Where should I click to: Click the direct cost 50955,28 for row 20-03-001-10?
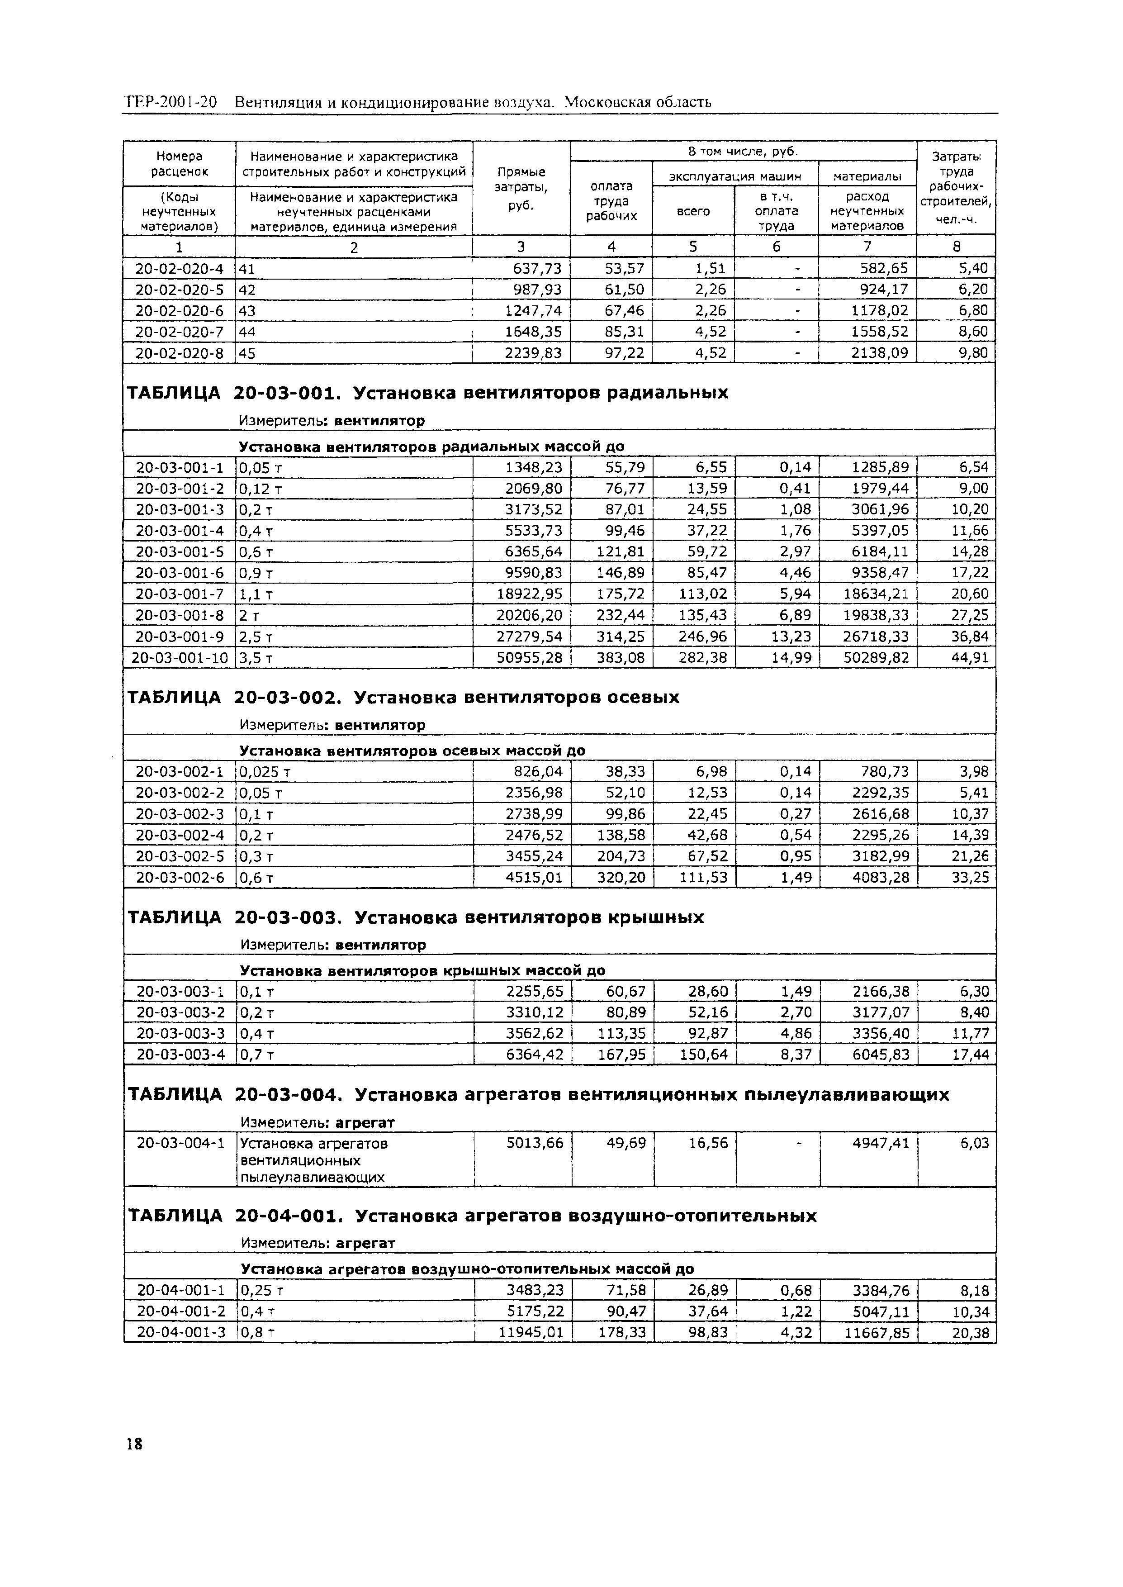530,658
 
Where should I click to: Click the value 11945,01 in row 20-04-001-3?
531,1332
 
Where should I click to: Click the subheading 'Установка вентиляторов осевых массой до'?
412,750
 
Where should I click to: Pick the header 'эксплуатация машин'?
734,176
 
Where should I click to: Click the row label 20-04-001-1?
180,1290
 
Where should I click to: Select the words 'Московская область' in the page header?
638,102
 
